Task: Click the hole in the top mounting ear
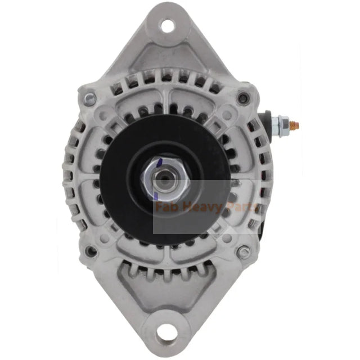[166, 25]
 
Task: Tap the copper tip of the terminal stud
[298, 125]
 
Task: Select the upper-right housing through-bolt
[242, 99]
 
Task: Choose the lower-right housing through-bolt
[242, 251]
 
